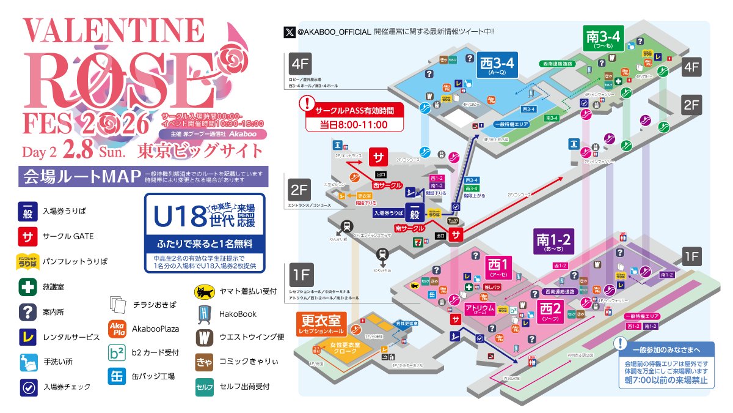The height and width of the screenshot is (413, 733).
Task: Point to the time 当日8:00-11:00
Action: (354, 125)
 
